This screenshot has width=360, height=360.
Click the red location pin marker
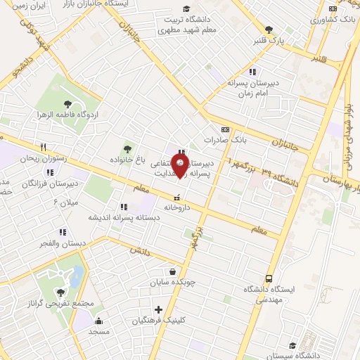181,166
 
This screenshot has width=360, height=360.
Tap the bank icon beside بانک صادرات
224,129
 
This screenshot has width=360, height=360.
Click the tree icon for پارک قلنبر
269,30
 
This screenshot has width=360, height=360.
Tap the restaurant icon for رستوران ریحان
44,147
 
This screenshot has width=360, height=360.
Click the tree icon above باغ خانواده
127,148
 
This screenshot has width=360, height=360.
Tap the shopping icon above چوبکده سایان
173,271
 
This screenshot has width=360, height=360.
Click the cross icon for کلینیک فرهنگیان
158,309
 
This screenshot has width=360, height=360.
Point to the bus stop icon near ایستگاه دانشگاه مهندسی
270,278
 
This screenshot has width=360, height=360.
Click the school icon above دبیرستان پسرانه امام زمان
252,72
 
